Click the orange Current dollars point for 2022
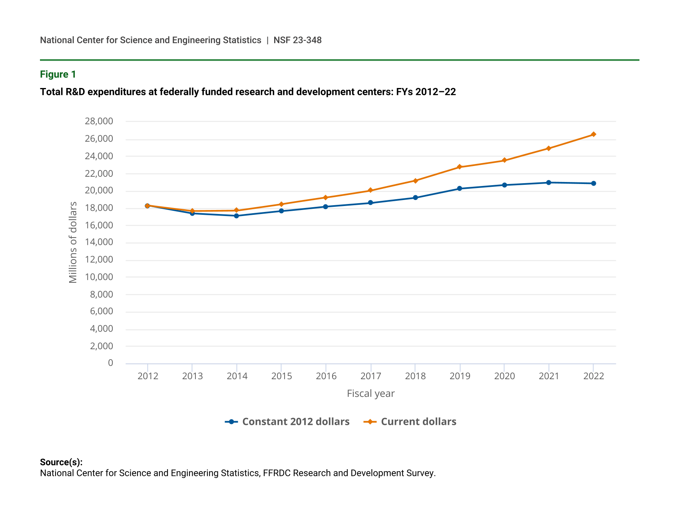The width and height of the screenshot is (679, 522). coord(593,134)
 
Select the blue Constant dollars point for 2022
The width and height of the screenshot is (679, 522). coord(593,183)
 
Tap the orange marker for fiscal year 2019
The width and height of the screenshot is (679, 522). coord(460,167)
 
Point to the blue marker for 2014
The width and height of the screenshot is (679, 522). coord(237,216)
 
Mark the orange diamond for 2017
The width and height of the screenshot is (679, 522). coord(370,190)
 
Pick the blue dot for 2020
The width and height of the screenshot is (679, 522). coord(504,185)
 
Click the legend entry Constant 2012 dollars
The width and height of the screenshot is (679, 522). coord(296,422)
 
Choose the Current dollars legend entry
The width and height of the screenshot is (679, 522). coord(418,422)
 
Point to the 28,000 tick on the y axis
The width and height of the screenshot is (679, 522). coord(99,121)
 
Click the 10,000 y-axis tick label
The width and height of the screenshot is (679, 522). coord(99,277)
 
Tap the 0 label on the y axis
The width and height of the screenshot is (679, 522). coord(110,363)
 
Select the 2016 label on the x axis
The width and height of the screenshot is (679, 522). coord(326,376)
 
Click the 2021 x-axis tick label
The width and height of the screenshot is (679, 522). coord(549,376)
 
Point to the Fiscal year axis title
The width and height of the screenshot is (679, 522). coord(370,394)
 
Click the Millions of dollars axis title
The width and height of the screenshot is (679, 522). coord(73,242)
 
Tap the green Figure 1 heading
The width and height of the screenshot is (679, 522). coord(58,74)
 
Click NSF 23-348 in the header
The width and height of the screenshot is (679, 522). coord(297,40)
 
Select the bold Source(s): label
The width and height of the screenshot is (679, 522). coord(61,462)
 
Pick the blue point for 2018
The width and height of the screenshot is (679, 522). coord(415,198)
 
